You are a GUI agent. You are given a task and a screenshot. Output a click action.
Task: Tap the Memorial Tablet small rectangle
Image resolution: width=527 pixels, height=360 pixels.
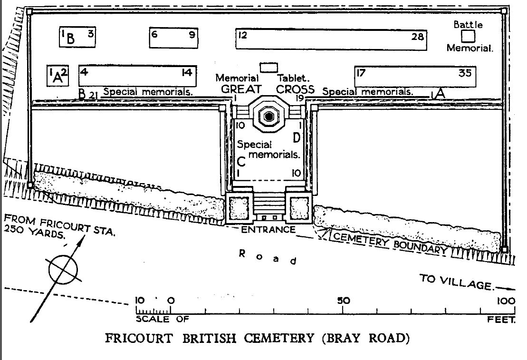coord(268,67)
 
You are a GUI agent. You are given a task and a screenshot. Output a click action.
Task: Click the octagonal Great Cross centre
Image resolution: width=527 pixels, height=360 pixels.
coord(268,115)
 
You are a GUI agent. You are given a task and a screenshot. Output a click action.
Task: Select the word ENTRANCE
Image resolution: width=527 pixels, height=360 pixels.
coord(268,230)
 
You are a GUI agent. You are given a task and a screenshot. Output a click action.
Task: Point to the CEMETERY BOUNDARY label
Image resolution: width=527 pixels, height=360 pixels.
coord(390,243)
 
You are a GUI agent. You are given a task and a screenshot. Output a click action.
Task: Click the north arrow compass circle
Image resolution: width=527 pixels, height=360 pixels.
coord(63,270)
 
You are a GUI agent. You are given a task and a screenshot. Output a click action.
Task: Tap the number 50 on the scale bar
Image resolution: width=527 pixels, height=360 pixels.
coord(343,301)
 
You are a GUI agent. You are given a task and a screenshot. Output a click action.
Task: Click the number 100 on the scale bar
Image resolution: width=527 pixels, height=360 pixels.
coord(506,301)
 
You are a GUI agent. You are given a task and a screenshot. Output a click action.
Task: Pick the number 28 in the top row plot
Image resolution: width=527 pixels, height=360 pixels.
coord(417,35)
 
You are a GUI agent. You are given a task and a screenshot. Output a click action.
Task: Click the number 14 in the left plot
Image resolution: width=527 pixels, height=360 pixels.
coord(186,72)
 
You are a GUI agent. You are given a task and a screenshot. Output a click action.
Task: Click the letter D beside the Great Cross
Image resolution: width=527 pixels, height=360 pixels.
coord(297,138)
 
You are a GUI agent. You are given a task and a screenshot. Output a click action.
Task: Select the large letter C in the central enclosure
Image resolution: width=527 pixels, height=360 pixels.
coord(241,161)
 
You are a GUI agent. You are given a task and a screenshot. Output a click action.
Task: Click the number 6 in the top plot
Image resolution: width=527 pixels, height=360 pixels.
coord(153,34)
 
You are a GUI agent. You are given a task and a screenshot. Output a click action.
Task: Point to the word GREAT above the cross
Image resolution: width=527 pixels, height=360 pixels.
coord(241,89)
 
